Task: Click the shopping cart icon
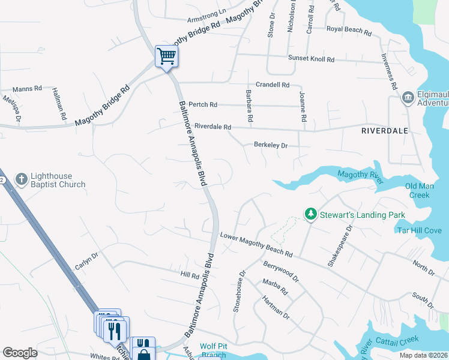point(166,56)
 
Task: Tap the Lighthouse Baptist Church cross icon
point(21,178)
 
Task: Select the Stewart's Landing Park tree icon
point(310,214)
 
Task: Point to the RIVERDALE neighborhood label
point(385,130)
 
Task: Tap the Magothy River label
point(360,175)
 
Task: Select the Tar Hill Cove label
point(419,230)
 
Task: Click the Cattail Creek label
point(397,341)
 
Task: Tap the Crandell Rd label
point(273,85)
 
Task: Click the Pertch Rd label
point(202,104)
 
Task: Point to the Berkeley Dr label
point(271,145)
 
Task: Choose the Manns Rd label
point(27,88)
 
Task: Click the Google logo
point(20,353)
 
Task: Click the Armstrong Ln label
point(206,11)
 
